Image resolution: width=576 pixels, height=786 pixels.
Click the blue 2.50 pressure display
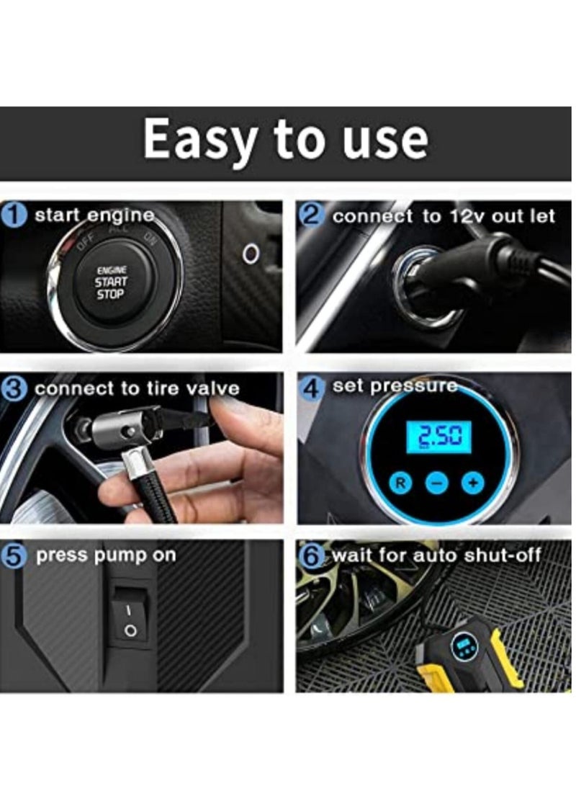438,437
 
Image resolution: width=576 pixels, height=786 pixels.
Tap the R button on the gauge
401,482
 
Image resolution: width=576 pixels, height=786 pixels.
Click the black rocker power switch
130,617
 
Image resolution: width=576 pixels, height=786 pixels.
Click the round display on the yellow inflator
463,646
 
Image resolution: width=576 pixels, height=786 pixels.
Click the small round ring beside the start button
250,253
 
